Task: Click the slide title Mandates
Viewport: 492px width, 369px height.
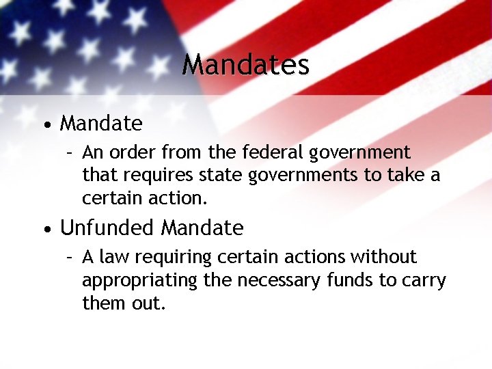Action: tap(246, 65)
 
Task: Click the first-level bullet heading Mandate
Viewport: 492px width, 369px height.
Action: tap(101, 124)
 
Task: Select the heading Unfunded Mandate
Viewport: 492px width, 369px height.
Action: tap(152, 228)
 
